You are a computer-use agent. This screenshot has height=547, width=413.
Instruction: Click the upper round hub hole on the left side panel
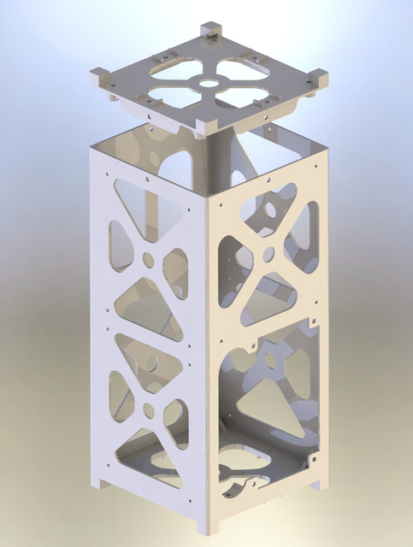coord(149,257)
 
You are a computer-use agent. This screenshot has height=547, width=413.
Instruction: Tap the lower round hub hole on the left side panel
coord(150,410)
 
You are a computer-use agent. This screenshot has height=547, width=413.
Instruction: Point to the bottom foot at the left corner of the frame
coord(102,484)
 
